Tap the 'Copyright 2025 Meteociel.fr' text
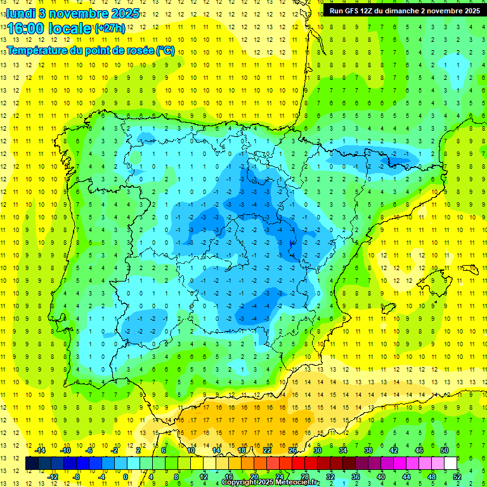[x=270, y=483]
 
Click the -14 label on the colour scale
[x=39, y=450]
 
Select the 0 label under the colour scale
[x=126, y=476]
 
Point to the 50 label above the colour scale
[x=445, y=450]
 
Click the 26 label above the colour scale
[x=292, y=450]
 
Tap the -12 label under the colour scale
[x=52, y=476]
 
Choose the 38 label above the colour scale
[x=368, y=450]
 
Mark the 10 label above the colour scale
[x=191, y=450]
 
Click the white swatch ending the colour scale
[x=451, y=464]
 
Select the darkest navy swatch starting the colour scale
[x=32, y=464]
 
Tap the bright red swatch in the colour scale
[x=299, y=464]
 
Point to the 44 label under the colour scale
[x=406, y=476]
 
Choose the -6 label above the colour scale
[x=90, y=450]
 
